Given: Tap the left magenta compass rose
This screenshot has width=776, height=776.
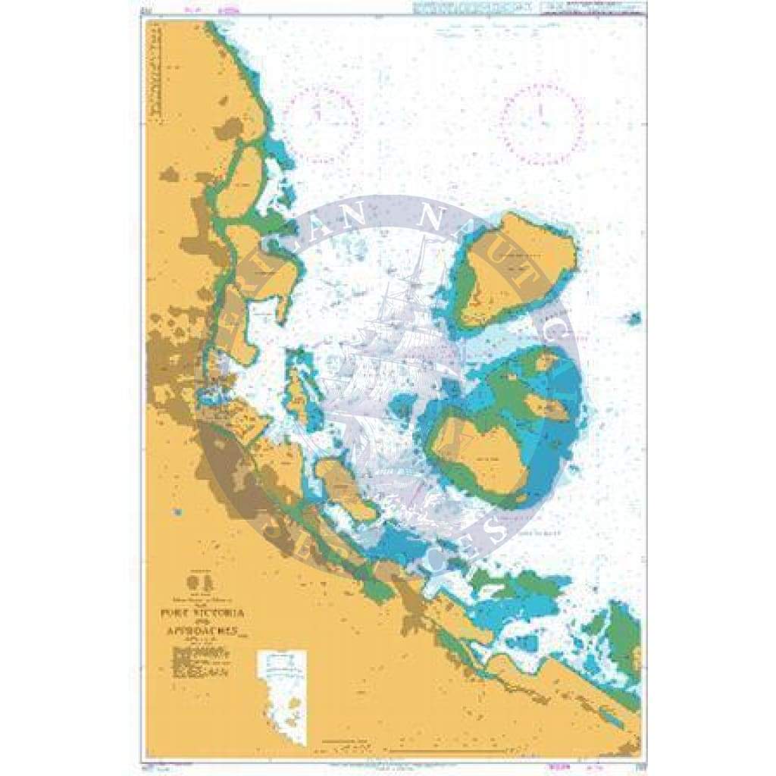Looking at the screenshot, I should coord(322,123).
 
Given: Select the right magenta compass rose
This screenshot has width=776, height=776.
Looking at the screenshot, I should coord(543,124).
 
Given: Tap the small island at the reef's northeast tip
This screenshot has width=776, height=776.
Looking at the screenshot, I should coord(546,363).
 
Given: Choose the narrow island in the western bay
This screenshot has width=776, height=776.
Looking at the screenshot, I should coord(297,396).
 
